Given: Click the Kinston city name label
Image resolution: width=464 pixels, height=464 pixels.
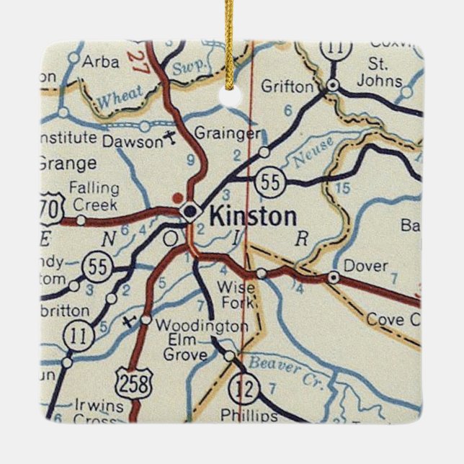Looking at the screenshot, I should click(x=252, y=216).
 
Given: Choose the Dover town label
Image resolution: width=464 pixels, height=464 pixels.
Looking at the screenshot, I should click(x=365, y=266).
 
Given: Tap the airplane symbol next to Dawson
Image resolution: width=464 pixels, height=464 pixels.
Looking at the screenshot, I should click(x=170, y=137).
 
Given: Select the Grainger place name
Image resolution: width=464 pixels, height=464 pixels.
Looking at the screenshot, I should click(x=227, y=133).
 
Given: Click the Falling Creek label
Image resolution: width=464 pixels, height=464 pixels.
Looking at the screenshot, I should click(x=94, y=195).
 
